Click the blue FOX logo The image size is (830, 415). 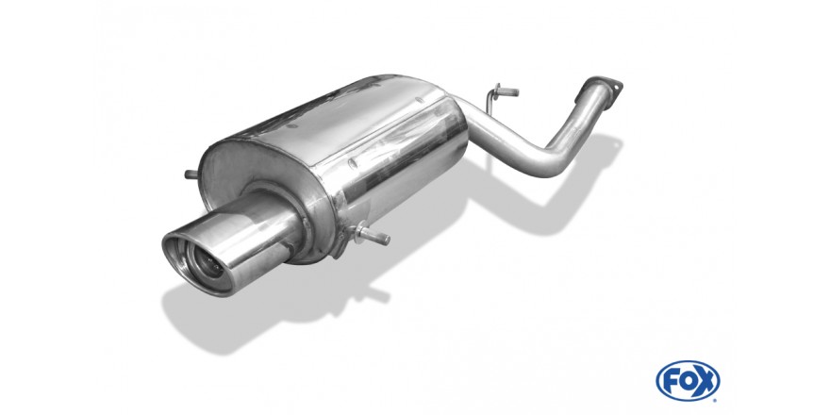point(688,381)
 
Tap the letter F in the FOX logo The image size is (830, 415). point(671,381)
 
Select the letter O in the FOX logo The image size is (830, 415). point(688,381)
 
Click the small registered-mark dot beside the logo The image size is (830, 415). point(716,400)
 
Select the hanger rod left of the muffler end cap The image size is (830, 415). point(191,174)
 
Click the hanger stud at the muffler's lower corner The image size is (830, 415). point(373,235)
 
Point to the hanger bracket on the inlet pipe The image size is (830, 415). point(499,95)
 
